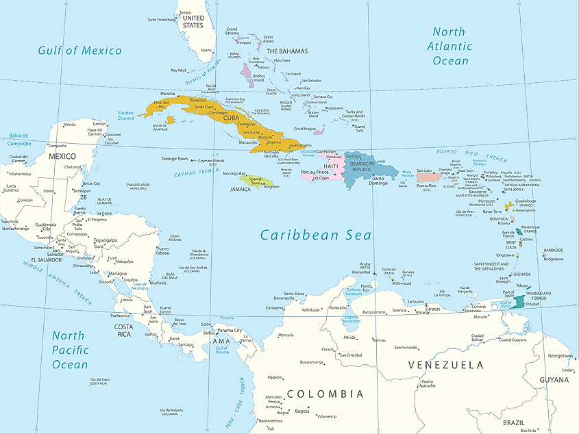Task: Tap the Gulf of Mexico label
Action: pyautogui.click(x=79, y=50)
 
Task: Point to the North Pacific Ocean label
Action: pyautogui.click(x=69, y=350)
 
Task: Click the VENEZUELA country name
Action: pyautogui.click(x=446, y=365)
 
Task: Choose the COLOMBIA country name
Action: pyautogui.click(x=325, y=394)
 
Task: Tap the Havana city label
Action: pyautogui.click(x=168, y=94)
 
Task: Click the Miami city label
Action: pyautogui.click(x=206, y=50)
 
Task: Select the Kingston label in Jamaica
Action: pyautogui.click(x=271, y=186)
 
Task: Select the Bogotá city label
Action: pyautogui.click(x=302, y=411)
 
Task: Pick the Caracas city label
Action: pyautogui.click(x=432, y=308)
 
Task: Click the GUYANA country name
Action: pyautogui.click(x=554, y=379)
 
